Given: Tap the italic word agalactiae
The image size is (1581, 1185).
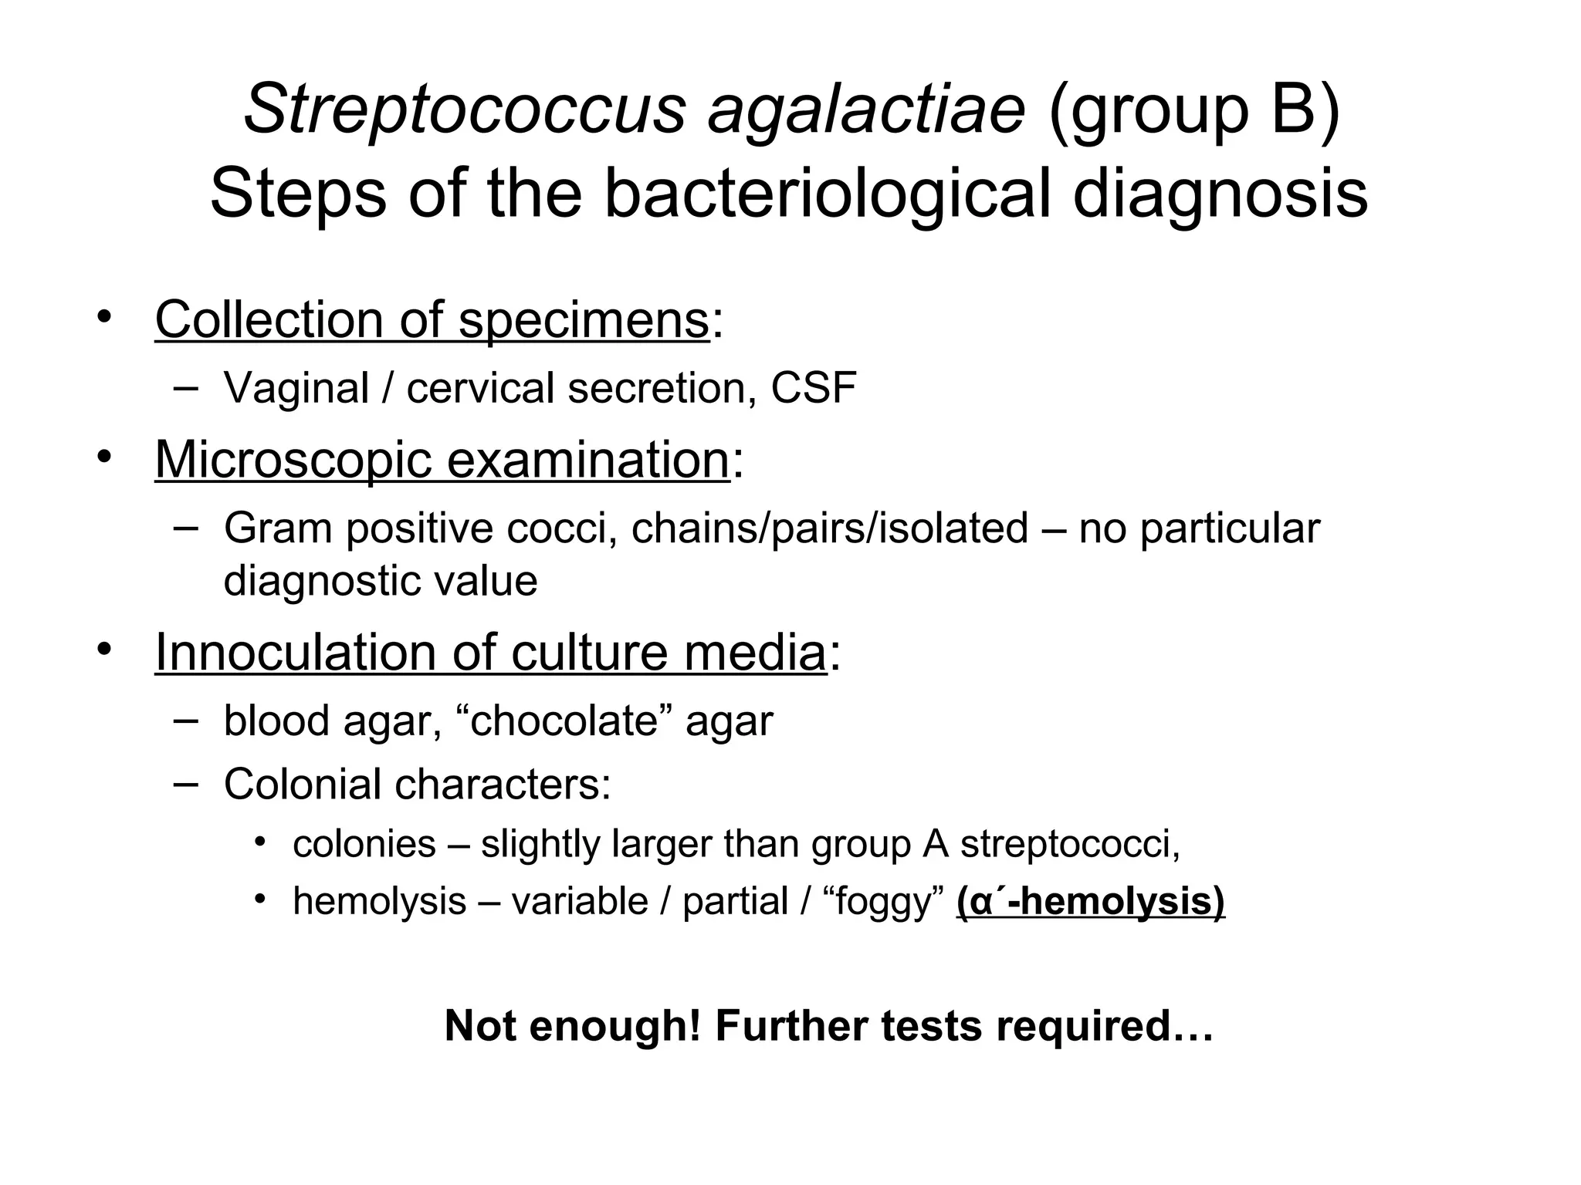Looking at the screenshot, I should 866,109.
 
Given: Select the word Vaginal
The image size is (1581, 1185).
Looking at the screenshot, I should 296,387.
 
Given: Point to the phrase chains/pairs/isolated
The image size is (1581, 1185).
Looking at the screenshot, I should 830,528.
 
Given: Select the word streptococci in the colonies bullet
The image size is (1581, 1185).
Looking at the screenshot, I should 1070,844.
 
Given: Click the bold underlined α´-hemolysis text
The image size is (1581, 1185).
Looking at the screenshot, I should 1091,901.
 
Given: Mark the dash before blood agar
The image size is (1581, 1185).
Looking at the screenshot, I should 185,719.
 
